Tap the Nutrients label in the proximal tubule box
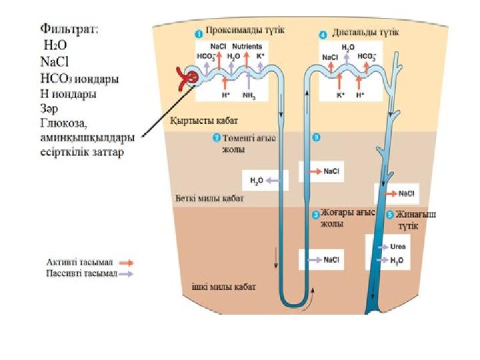(247, 47)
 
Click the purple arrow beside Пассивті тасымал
(125, 273)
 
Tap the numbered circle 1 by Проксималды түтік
(198, 33)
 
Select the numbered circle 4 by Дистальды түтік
(323, 34)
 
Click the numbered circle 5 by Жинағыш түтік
(389, 215)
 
